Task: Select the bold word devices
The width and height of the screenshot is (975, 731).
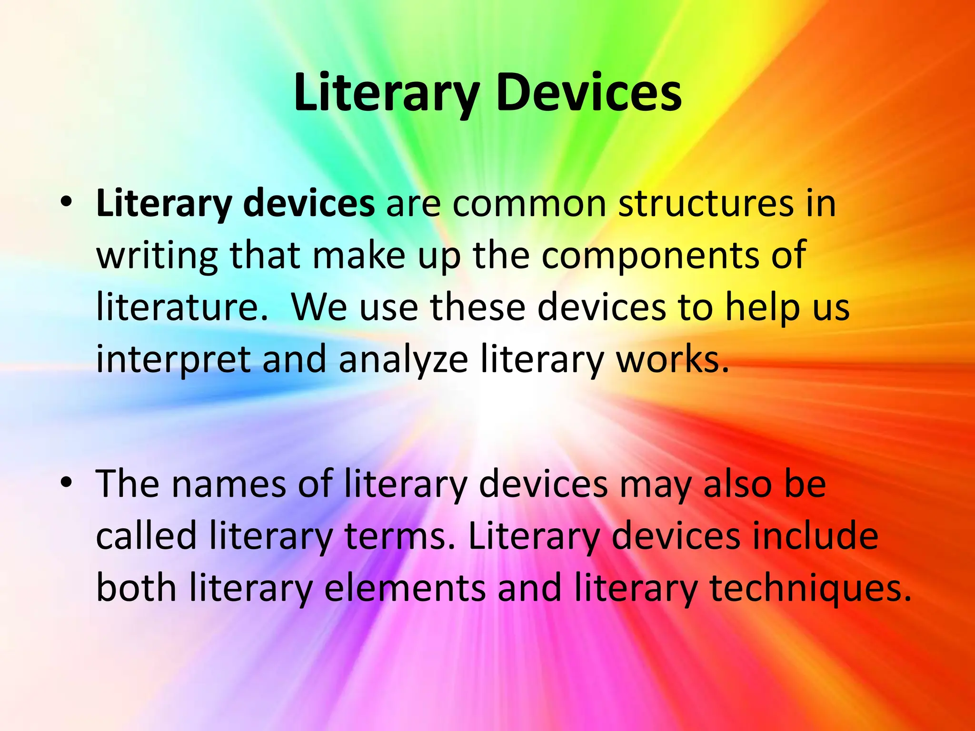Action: pos(308,204)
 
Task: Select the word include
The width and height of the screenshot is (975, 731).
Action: pos(815,535)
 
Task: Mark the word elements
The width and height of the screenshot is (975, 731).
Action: pos(405,588)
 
